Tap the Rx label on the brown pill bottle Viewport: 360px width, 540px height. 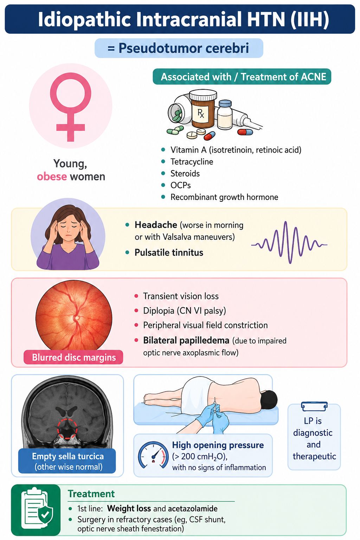(x=200, y=113)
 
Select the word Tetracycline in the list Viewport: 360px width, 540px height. (x=192, y=161)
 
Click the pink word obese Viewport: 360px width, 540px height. (x=52, y=177)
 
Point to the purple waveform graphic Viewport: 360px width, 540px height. (x=289, y=243)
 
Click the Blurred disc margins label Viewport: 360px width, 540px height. (x=73, y=357)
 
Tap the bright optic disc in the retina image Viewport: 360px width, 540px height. (x=77, y=318)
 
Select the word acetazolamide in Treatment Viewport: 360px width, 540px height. (x=193, y=508)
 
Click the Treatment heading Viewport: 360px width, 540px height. (x=91, y=494)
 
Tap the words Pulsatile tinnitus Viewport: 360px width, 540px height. (x=169, y=252)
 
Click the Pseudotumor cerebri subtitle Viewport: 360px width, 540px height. (x=179, y=48)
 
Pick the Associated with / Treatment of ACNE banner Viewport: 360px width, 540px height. (x=242, y=77)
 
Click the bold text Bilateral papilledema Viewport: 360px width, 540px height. (x=186, y=340)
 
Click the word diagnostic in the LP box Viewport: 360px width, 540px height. (x=313, y=433)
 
